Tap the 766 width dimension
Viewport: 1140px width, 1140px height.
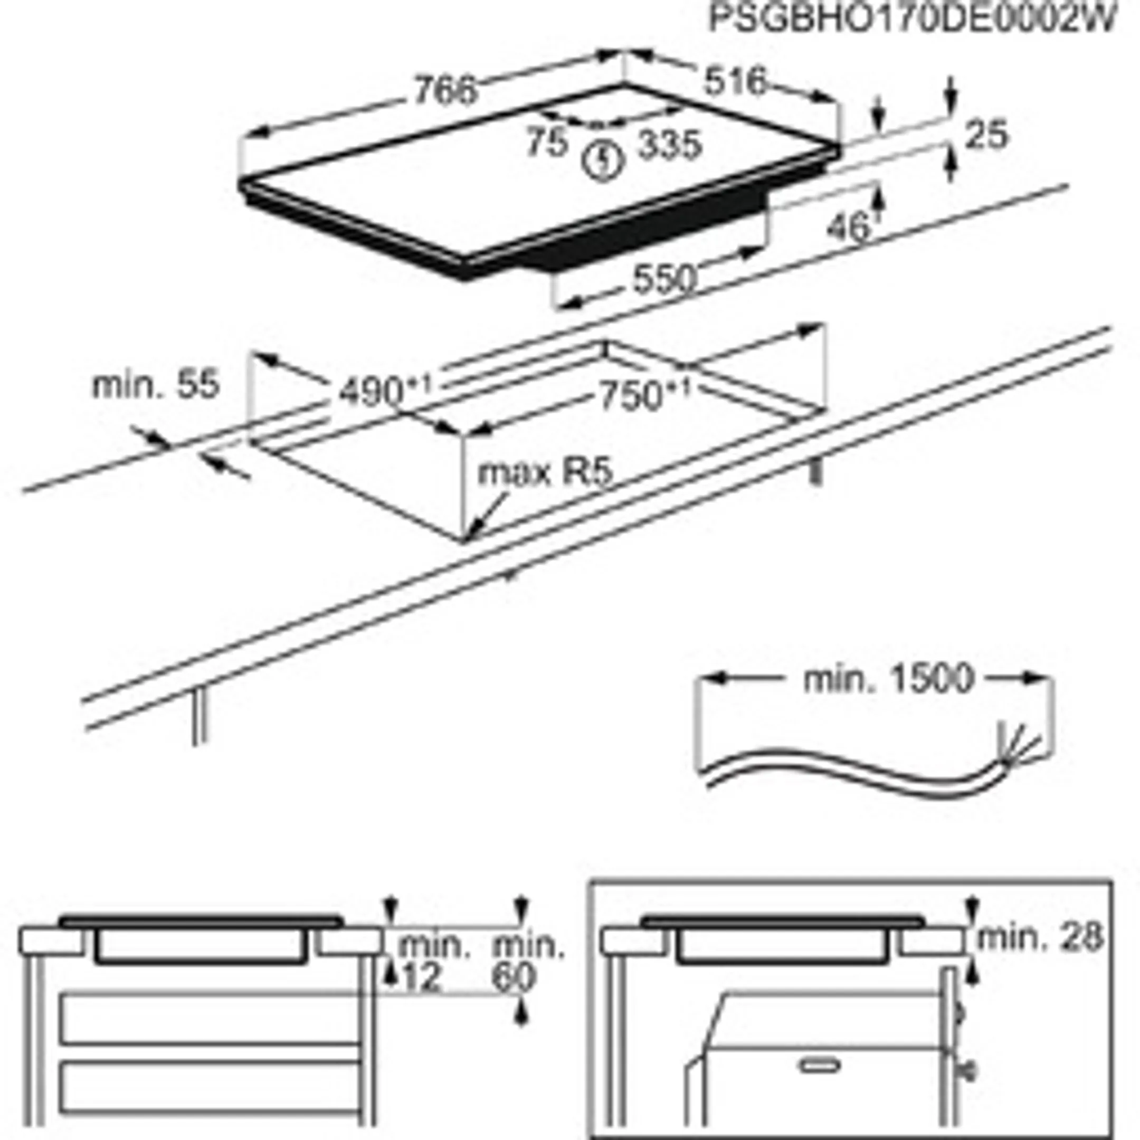[444, 91]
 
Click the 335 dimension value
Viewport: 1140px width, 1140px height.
[671, 145]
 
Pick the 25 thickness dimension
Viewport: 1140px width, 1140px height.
[986, 135]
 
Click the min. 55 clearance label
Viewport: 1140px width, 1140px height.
[156, 385]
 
